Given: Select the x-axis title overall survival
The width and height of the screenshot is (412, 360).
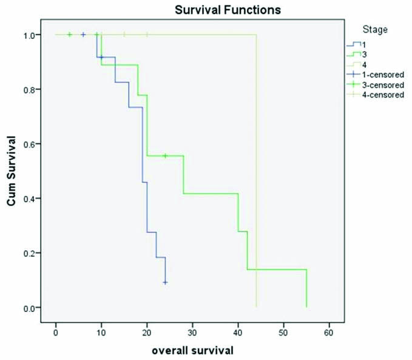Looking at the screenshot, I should coord(192,350).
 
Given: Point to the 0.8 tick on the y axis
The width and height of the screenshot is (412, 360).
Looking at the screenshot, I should coord(30,89).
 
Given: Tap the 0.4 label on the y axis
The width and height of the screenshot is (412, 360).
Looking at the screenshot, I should coord(30,199).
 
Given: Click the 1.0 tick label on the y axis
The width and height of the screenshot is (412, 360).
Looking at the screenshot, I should coord(30,35).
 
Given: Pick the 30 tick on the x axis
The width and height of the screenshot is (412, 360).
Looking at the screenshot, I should coord(192,333).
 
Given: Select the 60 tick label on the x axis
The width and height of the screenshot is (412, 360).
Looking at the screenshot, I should coord(329,333).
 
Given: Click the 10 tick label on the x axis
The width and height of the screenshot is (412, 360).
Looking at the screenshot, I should coord(101,333).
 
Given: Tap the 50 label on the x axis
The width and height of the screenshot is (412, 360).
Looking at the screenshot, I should coord(283,333).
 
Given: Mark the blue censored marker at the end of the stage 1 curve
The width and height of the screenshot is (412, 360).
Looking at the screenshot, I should coord(165,282).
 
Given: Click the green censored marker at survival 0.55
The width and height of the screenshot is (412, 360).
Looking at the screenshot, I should coord(165,156).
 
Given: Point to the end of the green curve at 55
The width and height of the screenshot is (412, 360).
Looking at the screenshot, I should coord(306,307).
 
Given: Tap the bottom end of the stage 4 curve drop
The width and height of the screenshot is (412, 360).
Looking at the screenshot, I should coord(257,307).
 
